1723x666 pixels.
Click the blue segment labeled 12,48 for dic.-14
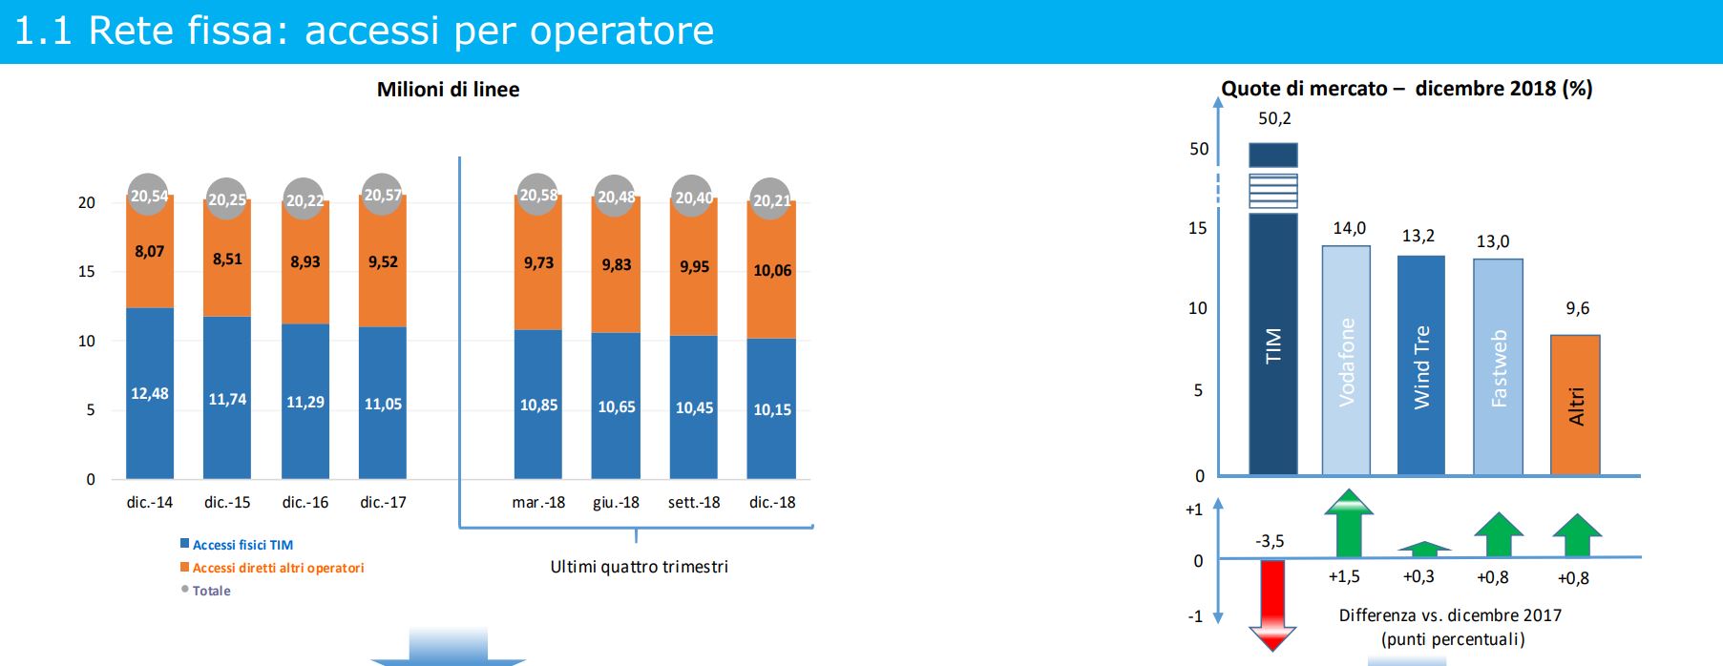pyautogui.click(x=150, y=393)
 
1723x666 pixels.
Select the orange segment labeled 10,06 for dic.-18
pyautogui.click(x=771, y=270)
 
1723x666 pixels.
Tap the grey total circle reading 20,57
pyautogui.click(x=383, y=195)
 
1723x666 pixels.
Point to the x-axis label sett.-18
pyautogui.click(x=694, y=502)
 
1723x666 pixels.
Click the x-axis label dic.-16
pyautogui.click(x=305, y=502)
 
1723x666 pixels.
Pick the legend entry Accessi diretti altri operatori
pyautogui.click(x=272, y=568)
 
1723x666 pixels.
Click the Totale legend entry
pyautogui.click(x=206, y=591)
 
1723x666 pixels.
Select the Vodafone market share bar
pyautogui.click(x=1346, y=361)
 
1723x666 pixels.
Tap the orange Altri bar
pyautogui.click(x=1575, y=405)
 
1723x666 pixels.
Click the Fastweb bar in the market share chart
pyautogui.click(x=1498, y=367)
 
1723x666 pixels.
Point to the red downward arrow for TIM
pyautogui.click(x=1272, y=605)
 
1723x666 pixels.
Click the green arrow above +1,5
pyautogui.click(x=1349, y=523)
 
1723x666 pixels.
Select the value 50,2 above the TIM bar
pyautogui.click(x=1274, y=118)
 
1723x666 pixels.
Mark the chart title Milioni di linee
pyautogui.click(x=449, y=90)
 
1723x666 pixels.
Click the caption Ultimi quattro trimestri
pyautogui.click(x=640, y=567)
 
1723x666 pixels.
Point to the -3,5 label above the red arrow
pyautogui.click(x=1270, y=541)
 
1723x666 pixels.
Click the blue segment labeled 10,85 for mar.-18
pyautogui.click(x=538, y=405)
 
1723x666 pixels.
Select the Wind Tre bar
pyautogui.click(x=1421, y=365)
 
